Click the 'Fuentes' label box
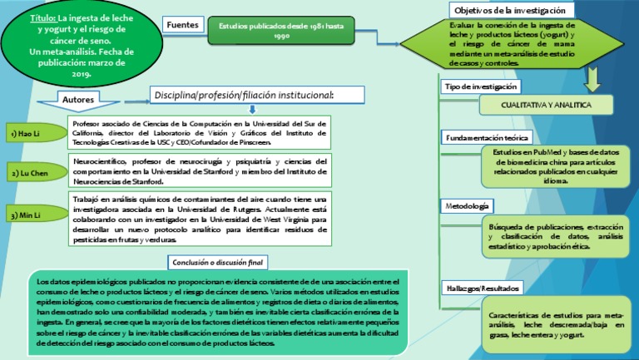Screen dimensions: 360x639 click(182, 27)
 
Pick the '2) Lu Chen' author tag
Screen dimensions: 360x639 click(29, 173)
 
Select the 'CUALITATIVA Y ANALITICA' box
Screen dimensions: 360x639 click(546, 106)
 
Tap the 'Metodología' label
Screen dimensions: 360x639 click(468, 205)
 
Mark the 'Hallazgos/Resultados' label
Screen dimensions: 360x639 click(483, 288)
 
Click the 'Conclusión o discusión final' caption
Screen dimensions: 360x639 click(217, 263)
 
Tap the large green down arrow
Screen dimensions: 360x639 click(592, 77)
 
